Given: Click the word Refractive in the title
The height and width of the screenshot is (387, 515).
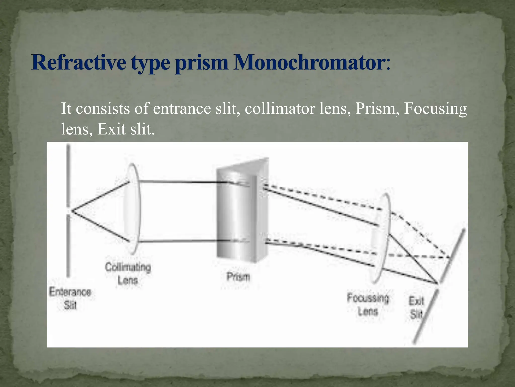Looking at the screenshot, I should coord(78,62).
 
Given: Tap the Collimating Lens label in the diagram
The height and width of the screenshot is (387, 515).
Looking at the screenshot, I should coord(128,274).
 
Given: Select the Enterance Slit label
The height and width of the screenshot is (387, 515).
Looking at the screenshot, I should coord(70,299).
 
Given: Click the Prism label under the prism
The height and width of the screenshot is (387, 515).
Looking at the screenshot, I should coord(238,277).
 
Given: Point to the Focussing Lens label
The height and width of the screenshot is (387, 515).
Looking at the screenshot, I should coord(368,305).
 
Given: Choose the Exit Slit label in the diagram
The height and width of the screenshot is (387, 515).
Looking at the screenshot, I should coord(416,308).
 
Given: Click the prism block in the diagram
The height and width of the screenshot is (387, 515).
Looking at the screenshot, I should coord(239,214).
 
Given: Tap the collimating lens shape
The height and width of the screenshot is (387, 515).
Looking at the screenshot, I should coord(132,209).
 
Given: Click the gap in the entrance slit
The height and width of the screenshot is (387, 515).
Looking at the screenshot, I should coord(68,211).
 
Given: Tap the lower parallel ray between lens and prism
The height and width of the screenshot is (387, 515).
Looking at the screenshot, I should coord(181,241).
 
